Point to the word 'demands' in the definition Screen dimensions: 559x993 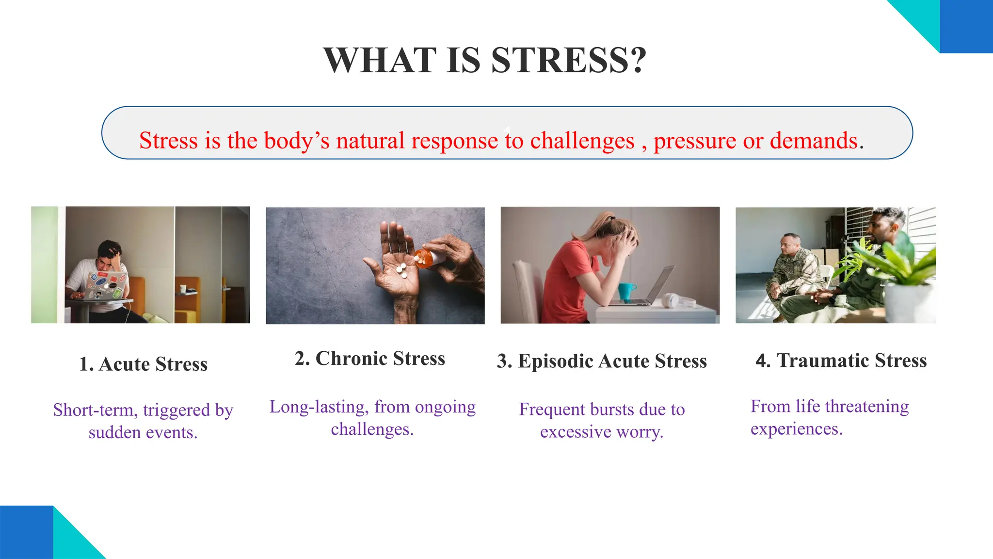point(814,141)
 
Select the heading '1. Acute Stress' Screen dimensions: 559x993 point(143,364)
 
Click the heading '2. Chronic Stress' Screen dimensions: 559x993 point(369,359)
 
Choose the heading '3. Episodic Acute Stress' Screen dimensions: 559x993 point(602,361)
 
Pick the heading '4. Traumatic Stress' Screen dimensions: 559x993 point(841,361)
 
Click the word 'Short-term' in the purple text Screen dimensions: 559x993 point(95,410)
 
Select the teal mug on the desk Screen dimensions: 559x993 point(626,291)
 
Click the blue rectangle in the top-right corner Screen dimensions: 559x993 point(966,26)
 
